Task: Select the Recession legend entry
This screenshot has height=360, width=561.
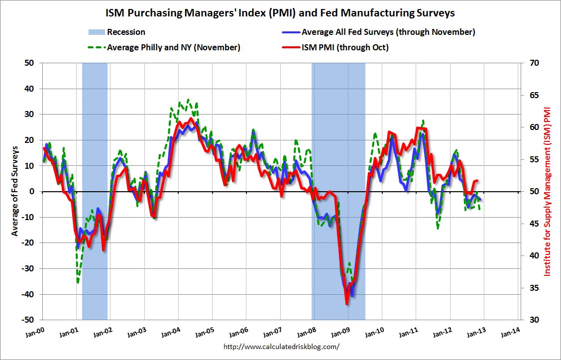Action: point(126,32)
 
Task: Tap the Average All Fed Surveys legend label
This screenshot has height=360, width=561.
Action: point(388,32)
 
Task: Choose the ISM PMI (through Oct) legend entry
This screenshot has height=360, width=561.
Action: point(345,48)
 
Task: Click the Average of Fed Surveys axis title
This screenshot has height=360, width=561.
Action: point(15,191)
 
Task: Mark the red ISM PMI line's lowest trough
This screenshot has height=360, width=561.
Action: point(346,303)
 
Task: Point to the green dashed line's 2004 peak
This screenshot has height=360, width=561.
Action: point(188,100)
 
